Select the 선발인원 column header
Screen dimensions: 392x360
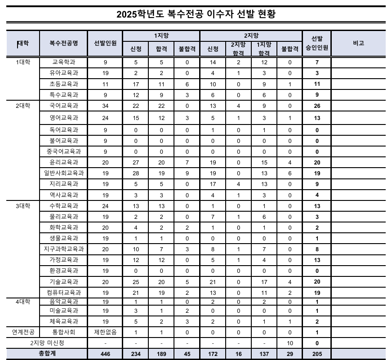[x=105, y=43]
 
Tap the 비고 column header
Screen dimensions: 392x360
[x=358, y=43]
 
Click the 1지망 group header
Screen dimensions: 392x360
[x=161, y=35]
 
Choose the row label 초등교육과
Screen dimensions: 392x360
[x=64, y=84]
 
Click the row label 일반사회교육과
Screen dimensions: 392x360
[x=64, y=173]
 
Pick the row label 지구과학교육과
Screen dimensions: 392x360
[x=64, y=249]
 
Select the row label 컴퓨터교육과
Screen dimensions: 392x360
[x=64, y=293]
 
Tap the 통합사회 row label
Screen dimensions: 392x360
[x=64, y=333]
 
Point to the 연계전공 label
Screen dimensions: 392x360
[x=23, y=333]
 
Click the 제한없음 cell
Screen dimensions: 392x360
[x=105, y=333]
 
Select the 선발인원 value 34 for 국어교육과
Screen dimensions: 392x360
[x=105, y=106]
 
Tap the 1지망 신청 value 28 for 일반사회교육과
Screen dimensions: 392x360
[x=135, y=173]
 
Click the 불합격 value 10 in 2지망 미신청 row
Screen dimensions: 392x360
[x=290, y=343]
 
